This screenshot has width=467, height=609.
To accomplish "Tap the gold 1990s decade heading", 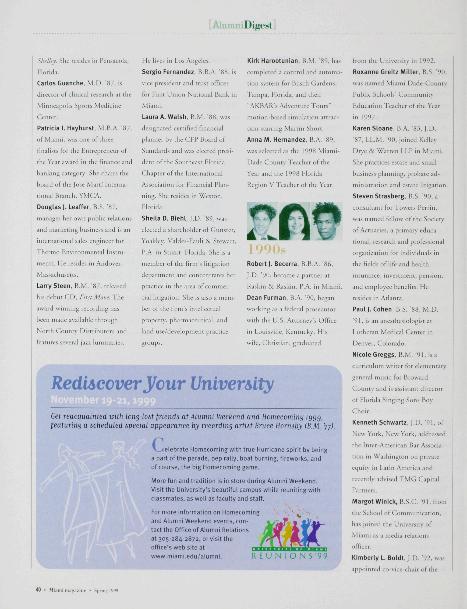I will tap(266, 250).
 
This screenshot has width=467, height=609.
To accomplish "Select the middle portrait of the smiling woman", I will tap(294, 222).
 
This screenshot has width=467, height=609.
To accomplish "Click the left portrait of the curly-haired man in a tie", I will tap(262, 222).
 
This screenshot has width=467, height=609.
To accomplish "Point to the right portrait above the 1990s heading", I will tap(326, 222).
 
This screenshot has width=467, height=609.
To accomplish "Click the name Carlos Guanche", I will tap(60, 83).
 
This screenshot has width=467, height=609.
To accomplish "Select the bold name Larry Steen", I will tap(53, 286).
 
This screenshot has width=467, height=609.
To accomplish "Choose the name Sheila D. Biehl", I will tap(164, 218).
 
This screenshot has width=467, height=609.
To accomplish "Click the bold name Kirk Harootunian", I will tap(273, 60).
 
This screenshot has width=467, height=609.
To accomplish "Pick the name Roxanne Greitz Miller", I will tap(385, 72).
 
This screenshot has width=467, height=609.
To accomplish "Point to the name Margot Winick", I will tap(374, 501).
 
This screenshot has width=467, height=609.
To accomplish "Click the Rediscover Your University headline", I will tap(162, 384).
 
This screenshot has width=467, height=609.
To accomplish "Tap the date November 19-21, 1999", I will tap(103, 400).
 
